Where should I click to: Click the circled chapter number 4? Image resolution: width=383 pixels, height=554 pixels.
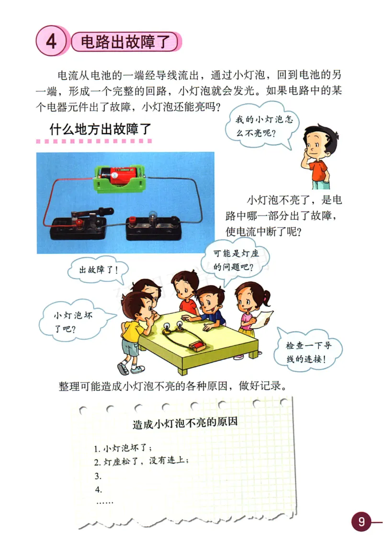tap(50, 42)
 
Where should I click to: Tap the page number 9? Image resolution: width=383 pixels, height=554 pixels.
tap(361, 521)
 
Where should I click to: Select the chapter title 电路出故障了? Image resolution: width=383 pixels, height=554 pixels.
tap(127, 42)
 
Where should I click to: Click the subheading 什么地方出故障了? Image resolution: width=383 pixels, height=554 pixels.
tap(100, 129)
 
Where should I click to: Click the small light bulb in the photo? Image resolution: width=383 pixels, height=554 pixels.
tap(154, 217)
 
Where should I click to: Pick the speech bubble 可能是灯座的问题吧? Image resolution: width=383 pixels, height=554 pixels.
tap(236, 259)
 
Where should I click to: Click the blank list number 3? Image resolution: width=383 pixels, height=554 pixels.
tap(98, 476)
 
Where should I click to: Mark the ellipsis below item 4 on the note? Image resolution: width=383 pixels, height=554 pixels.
tap(104, 502)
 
